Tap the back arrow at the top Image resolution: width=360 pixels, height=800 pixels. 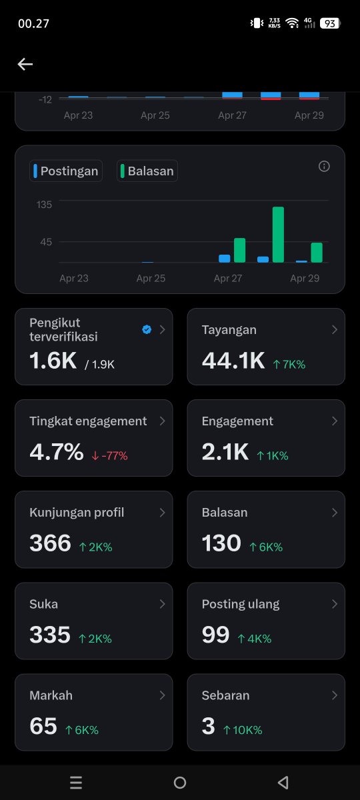[x=25, y=64]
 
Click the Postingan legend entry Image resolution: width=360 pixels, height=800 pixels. [x=66, y=171]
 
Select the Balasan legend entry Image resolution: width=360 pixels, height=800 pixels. [x=147, y=171]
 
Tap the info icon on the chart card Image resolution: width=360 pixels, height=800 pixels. [x=324, y=167]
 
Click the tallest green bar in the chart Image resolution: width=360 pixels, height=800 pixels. [x=278, y=235]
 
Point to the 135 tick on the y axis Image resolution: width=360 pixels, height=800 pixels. [x=44, y=204]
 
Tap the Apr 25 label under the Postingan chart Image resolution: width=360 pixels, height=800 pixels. [x=151, y=278]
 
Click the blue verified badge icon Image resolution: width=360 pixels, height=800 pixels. [x=147, y=329]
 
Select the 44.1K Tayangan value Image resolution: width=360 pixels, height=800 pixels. [x=233, y=361]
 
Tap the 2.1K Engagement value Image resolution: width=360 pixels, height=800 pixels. [x=225, y=452]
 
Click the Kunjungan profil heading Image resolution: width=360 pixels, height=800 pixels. [x=77, y=513]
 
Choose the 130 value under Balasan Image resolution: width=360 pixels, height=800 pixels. [x=221, y=543]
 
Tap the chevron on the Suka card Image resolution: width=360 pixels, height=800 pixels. [x=162, y=604]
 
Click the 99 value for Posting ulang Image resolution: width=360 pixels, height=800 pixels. [x=215, y=635]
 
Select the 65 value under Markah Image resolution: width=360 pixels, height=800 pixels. [x=43, y=726]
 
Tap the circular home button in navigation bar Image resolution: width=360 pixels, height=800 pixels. [x=180, y=783]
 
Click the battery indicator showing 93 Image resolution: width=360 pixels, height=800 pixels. [x=329, y=23]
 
